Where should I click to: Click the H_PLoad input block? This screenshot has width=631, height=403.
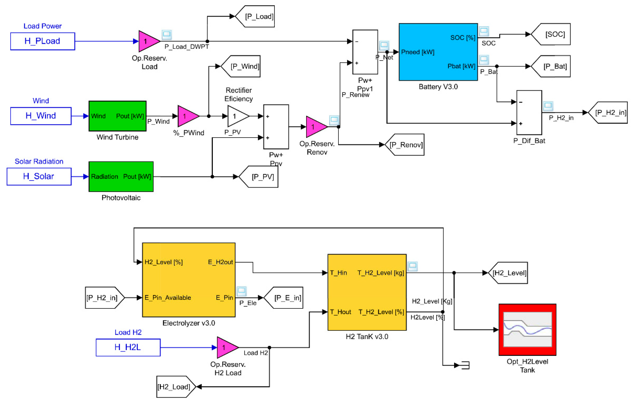pyautogui.click(x=42, y=41)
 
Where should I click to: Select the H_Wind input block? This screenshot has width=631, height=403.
pyautogui.click(x=41, y=116)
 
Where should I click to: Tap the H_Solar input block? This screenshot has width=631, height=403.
pyautogui.click(x=39, y=176)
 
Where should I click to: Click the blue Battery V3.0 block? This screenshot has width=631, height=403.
pyautogui.click(x=438, y=52)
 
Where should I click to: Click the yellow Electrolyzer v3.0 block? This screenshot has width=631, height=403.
pyautogui.click(x=188, y=280)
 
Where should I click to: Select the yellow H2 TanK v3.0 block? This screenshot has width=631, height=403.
pyautogui.click(x=367, y=292)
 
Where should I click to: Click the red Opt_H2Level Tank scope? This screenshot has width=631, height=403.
pyautogui.click(x=527, y=329)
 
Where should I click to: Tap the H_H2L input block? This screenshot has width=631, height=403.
pyautogui.click(x=128, y=347)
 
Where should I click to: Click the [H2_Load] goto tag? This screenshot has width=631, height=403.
pyautogui.click(x=175, y=386)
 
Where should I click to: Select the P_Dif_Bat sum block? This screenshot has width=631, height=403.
pyautogui.click(x=529, y=113)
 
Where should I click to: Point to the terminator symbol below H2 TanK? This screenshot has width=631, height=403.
pyautogui.click(x=465, y=365)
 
